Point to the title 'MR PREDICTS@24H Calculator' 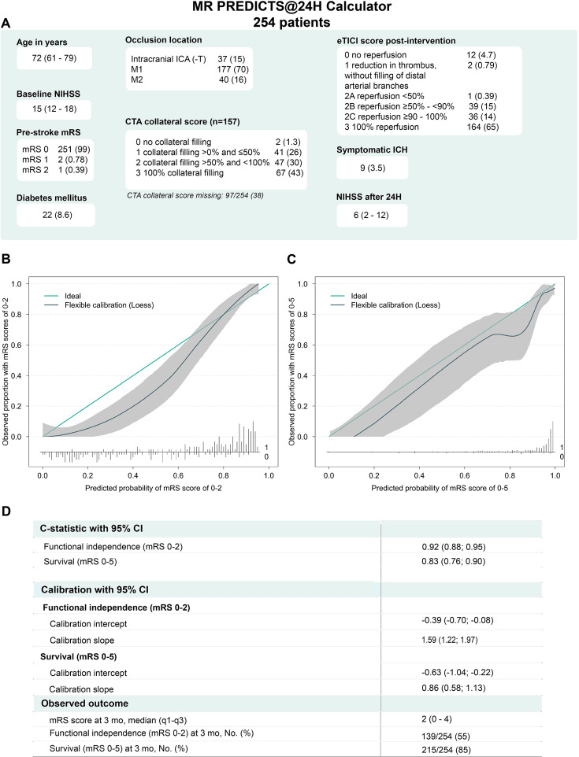click(x=290, y=9)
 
